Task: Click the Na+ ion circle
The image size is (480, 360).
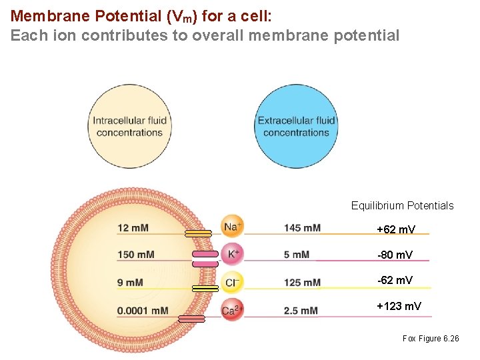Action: (233, 227)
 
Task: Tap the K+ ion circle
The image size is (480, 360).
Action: (233, 254)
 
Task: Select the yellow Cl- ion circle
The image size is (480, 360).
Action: (233, 282)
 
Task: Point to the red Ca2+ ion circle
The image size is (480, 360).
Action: (233, 310)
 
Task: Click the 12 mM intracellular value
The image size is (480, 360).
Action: (133, 228)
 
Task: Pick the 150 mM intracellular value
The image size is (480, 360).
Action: (135, 255)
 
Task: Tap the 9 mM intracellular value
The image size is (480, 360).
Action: (129, 283)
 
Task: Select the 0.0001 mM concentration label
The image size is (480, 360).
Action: (142, 311)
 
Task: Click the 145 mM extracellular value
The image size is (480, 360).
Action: (302, 228)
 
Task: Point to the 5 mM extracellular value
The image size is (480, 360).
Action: (296, 255)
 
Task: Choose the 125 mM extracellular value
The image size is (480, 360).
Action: (302, 283)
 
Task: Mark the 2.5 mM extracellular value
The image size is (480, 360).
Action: (300, 311)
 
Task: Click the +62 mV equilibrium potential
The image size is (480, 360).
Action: (395, 229)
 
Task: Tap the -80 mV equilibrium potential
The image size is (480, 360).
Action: (395, 255)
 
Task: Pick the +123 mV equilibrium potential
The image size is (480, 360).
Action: (399, 307)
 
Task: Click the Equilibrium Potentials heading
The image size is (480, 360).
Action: (402, 205)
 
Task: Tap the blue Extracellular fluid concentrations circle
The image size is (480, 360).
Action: (296, 127)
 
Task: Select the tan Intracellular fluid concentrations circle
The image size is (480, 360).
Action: (129, 127)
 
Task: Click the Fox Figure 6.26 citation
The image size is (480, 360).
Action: (431, 339)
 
